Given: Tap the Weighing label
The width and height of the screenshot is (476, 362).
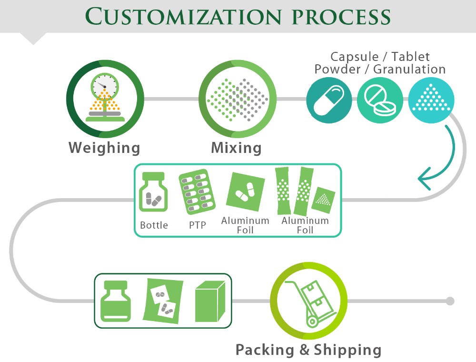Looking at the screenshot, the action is coord(104,148).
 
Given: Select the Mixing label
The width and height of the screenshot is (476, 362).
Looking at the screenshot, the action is coord(236,148).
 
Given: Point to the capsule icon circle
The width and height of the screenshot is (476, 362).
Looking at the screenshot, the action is coord(329,100).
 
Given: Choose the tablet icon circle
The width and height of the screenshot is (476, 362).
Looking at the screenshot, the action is coord(380,100).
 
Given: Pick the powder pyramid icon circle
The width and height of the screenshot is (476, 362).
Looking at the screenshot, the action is coord(431,100).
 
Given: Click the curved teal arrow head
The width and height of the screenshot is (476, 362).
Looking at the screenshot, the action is coord(425,179).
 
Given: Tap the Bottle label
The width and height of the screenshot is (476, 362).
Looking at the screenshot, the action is coord(154,225).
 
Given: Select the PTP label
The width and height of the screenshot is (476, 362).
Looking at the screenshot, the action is coord(198,225).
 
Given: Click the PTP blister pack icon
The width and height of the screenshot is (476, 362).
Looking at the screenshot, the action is coord(197,191).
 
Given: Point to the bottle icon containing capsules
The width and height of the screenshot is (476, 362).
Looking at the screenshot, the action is coord(153,191).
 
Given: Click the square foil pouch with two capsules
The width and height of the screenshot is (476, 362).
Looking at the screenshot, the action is coord(245,191).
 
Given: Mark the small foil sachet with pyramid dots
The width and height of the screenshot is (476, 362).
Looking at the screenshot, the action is coord(323,200).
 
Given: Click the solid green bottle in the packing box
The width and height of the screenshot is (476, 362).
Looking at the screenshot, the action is coord(116,301).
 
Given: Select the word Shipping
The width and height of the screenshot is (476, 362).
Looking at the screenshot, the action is coord(347,350).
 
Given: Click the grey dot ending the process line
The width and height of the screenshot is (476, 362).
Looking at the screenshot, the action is coord(450,301).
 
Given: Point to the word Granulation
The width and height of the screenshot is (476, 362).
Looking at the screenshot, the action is coord(409,69).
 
